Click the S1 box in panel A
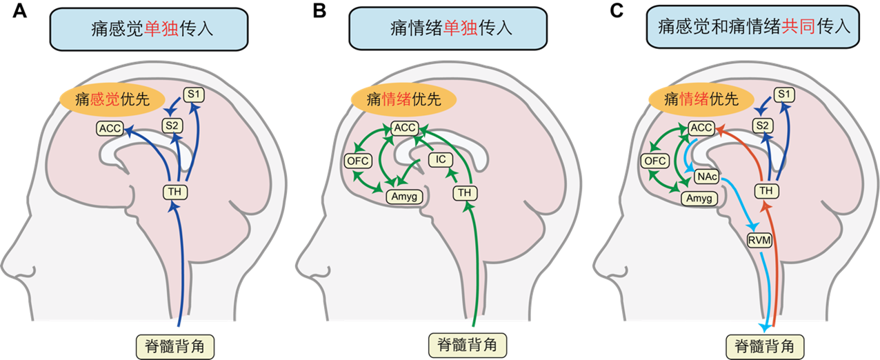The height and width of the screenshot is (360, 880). click(194, 94)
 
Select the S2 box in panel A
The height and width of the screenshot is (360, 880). click(172, 126)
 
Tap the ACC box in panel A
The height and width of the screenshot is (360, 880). click(110, 128)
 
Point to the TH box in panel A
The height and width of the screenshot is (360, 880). click(174, 192)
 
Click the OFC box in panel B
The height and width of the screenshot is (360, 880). click(358, 161)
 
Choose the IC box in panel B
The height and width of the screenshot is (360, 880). click(441, 159)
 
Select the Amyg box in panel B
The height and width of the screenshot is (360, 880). click(404, 196)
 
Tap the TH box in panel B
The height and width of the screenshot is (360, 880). click(465, 192)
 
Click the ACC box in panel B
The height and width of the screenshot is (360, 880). click(405, 128)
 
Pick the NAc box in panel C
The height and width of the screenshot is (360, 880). click(707, 177)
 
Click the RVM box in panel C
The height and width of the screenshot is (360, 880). click(759, 240)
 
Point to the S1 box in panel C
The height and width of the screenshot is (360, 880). click(784, 94)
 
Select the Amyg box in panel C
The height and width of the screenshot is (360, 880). click(699, 199)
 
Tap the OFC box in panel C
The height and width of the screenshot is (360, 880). click(655, 161)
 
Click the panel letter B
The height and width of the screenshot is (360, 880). click(319, 10)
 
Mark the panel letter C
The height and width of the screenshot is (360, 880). click(617, 10)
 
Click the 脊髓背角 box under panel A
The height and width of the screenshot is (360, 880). click(175, 347)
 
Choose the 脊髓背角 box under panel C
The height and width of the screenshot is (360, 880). click(765, 347)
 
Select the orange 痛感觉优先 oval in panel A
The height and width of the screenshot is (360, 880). click(112, 99)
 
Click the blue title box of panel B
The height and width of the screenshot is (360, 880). click(448, 28)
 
